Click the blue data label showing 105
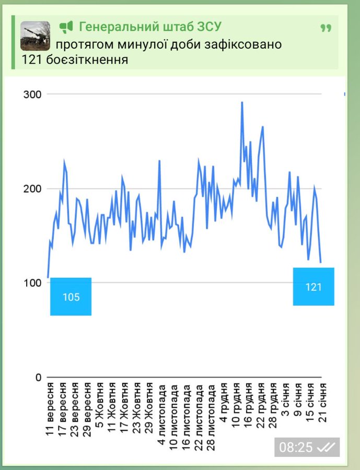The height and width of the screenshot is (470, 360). [71, 297]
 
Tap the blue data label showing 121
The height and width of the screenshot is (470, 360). [313, 287]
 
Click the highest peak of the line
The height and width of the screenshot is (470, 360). [242, 102]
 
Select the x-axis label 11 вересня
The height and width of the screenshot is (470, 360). [51, 410]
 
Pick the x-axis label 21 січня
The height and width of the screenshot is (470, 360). [323, 403]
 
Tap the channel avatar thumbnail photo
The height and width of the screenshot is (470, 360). [35, 36]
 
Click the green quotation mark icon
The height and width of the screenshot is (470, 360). [326, 28]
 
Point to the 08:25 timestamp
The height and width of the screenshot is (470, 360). [296, 448]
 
